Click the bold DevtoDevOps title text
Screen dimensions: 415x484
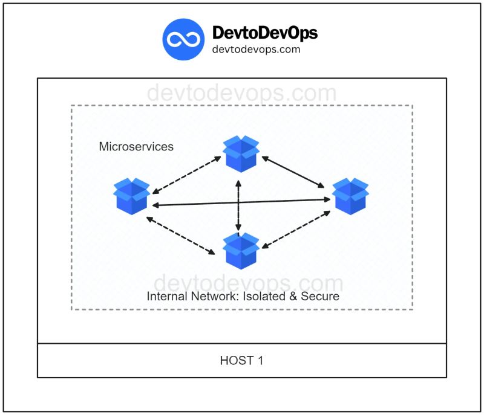coord(264,33)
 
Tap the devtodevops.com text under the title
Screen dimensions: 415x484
coord(256,50)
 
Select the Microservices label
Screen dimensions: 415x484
coord(136,147)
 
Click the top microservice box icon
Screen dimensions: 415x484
coord(241,153)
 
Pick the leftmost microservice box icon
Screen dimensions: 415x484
coord(132,196)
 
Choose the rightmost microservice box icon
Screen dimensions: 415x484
coord(350,196)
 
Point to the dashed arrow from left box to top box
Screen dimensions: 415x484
coord(185,176)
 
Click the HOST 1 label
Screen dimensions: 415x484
coord(241,361)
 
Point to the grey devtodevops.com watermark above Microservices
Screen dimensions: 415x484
coord(241,94)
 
